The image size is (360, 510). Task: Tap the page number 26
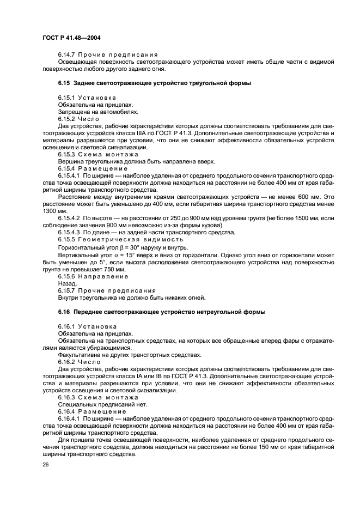(x=46, y=466)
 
